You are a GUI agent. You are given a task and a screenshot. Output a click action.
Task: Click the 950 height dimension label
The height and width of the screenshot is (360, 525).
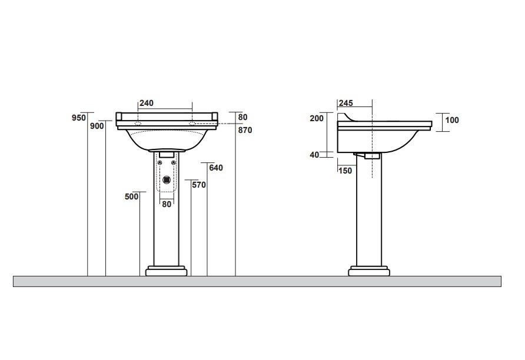click(79, 118)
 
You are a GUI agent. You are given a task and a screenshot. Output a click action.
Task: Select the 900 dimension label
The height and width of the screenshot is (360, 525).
click(97, 126)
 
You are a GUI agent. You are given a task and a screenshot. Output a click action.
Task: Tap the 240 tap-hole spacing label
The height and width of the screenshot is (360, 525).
click(147, 103)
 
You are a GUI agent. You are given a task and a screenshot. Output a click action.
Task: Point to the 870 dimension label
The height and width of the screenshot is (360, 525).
click(245, 130)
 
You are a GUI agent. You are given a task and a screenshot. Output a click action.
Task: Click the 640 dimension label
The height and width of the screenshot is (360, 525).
click(216, 168)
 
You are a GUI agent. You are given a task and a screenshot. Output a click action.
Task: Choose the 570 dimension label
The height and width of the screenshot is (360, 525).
click(199, 185)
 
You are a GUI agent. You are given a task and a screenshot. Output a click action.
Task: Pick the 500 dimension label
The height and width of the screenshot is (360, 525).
click(132, 196)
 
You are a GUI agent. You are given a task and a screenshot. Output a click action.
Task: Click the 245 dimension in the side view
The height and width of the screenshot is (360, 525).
click(346, 103)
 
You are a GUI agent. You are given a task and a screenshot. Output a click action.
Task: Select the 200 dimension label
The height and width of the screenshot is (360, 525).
click(317, 118)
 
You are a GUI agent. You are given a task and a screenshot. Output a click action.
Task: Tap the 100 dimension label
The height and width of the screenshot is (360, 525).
click(452, 120)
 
